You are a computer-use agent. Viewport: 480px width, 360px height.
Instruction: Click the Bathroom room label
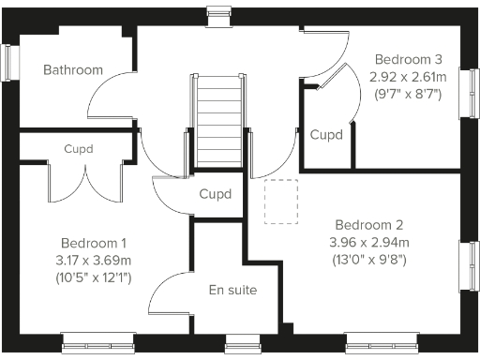coord(72,70)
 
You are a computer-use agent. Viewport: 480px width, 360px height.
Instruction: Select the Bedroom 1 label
coord(95,241)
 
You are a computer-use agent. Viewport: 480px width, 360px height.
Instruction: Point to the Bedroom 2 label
coord(369,225)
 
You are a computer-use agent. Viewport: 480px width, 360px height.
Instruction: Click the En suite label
coord(232,290)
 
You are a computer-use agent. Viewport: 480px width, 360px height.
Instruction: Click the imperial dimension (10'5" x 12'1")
coord(95,277)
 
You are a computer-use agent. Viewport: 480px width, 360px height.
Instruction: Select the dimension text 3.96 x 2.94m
coord(369,243)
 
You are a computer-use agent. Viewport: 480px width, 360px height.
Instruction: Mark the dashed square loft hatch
coord(279,202)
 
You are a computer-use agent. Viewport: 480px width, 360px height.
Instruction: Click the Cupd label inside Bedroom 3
coord(325,135)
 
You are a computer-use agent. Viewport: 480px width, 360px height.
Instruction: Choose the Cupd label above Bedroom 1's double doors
coord(79,148)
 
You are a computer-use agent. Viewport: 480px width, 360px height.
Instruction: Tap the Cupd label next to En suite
coord(216,194)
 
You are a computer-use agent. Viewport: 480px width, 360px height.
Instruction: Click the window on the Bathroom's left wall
coord(9,63)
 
